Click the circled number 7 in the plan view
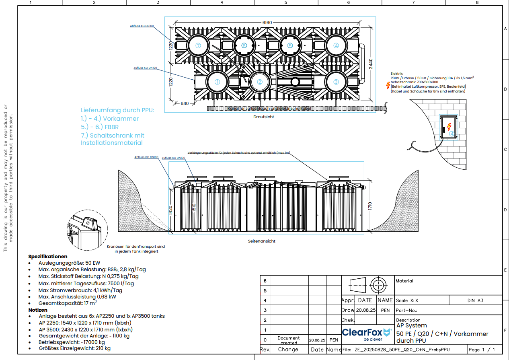tap(198, 45)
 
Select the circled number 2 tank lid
tap(260, 82)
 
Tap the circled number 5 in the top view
tap(290, 45)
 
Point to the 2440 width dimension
tap(371, 64)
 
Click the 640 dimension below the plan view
tap(185, 103)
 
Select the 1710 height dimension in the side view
tap(369, 206)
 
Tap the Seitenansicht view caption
tap(261, 241)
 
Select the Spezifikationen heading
tap(48, 256)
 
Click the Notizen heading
tap(38, 310)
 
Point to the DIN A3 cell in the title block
tap(476, 300)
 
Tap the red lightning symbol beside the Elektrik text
tap(388, 85)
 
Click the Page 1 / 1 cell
tap(482, 350)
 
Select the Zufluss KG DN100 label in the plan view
tap(145, 68)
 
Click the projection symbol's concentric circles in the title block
tap(377, 285)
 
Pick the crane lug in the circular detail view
tap(86, 223)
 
